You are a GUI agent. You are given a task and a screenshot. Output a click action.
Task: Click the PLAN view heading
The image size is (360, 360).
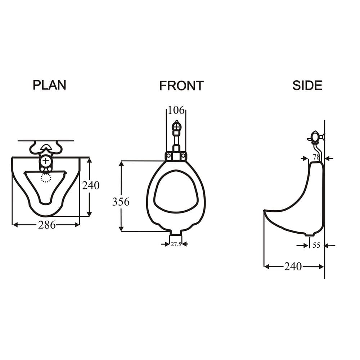(x=49, y=85)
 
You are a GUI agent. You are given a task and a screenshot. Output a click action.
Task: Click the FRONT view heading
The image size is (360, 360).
(x=181, y=86)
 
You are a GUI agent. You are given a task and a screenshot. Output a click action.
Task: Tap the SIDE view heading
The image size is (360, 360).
(x=307, y=85)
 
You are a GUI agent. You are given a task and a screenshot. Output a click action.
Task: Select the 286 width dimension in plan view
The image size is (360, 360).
(x=47, y=225)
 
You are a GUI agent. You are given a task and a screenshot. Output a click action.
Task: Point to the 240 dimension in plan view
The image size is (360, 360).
(x=91, y=185)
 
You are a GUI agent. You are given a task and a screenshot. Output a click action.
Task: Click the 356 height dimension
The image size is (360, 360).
(x=121, y=202)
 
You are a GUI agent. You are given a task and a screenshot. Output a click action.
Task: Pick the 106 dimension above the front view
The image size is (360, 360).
(x=176, y=110)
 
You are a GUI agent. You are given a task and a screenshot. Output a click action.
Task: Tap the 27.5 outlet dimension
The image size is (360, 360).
(x=176, y=244)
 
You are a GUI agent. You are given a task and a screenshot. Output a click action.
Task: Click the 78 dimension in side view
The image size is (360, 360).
(x=316, y=157)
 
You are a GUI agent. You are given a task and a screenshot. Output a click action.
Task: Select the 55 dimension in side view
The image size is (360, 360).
(x=316, y=245)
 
